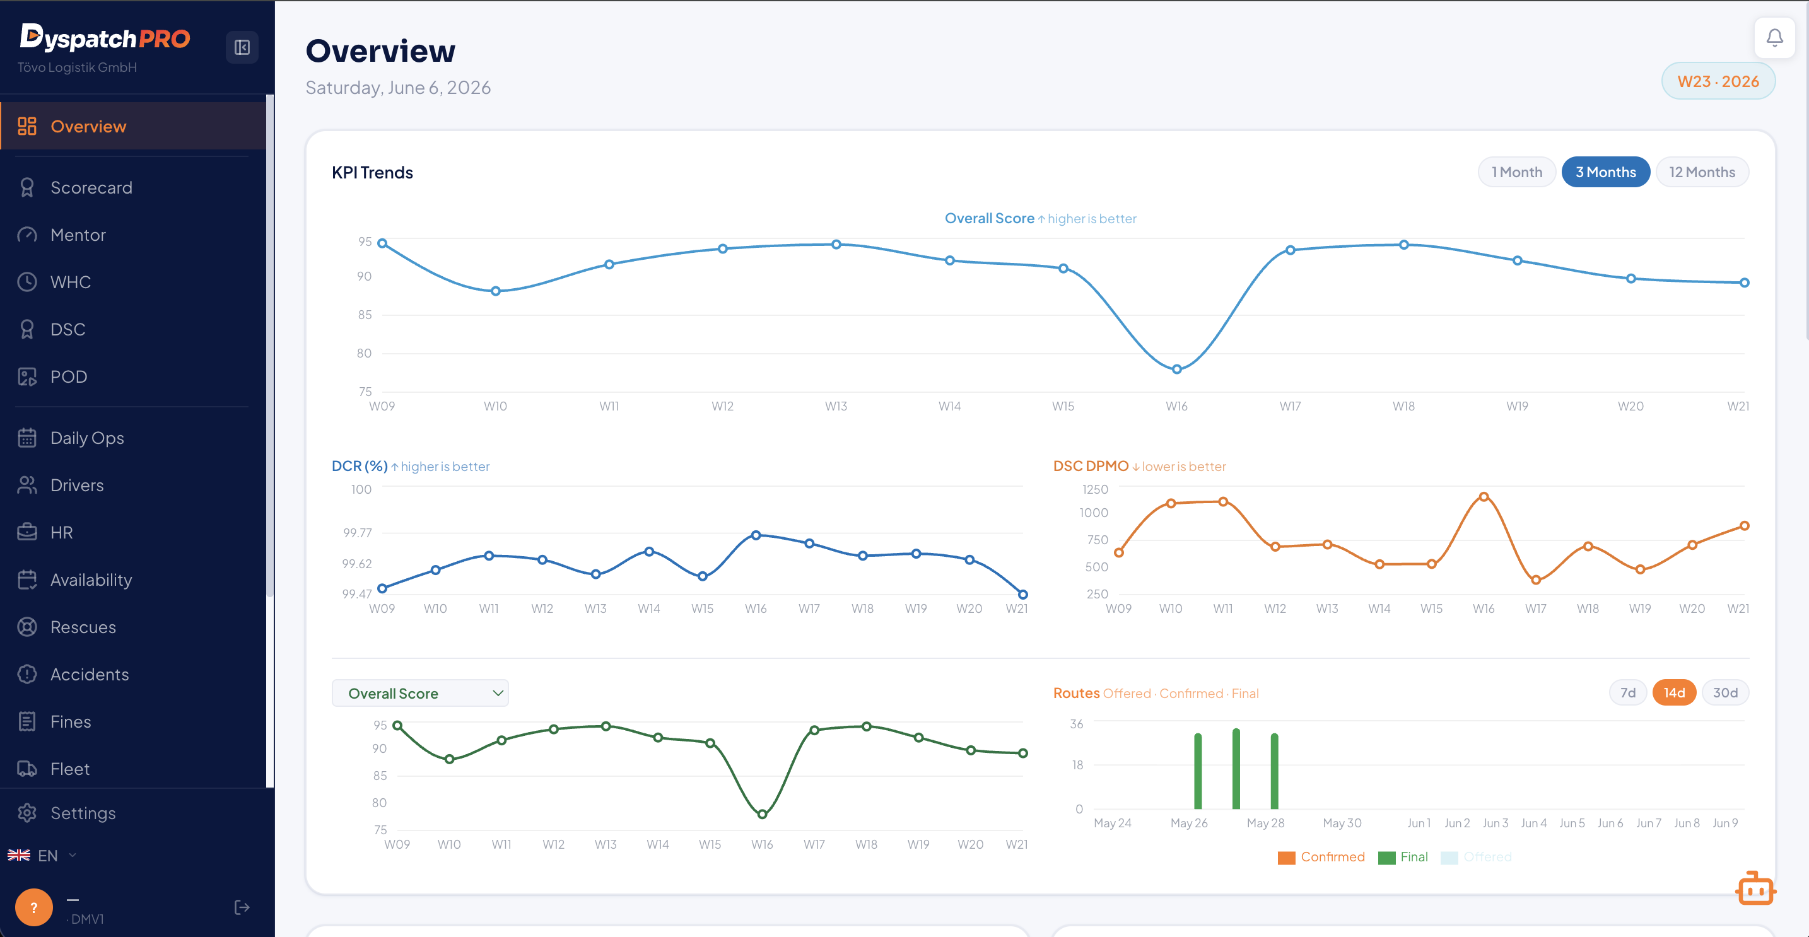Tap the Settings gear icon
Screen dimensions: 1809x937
[27, 813]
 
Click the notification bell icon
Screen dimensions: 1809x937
[1774, 37]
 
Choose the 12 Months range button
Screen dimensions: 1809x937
[1702, 172]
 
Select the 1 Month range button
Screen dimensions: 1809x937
[1517, 172]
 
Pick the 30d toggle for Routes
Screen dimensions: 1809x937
[1724, 693]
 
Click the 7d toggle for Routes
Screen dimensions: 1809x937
[1628, 693]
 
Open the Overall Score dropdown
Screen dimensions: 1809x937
[420, 694]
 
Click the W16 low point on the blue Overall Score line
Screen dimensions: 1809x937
[1177, 369]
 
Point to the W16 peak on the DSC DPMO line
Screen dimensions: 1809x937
[1484, 497]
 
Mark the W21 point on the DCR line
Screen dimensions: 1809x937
[1023, 595]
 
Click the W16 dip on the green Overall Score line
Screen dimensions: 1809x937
[762, 814]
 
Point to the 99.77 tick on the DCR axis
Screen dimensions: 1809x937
[358, 533]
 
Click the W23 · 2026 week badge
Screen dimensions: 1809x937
[1718, 81]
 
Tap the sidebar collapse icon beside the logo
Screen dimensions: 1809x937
[242, 47]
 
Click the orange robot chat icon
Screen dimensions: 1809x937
[1755, 888]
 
